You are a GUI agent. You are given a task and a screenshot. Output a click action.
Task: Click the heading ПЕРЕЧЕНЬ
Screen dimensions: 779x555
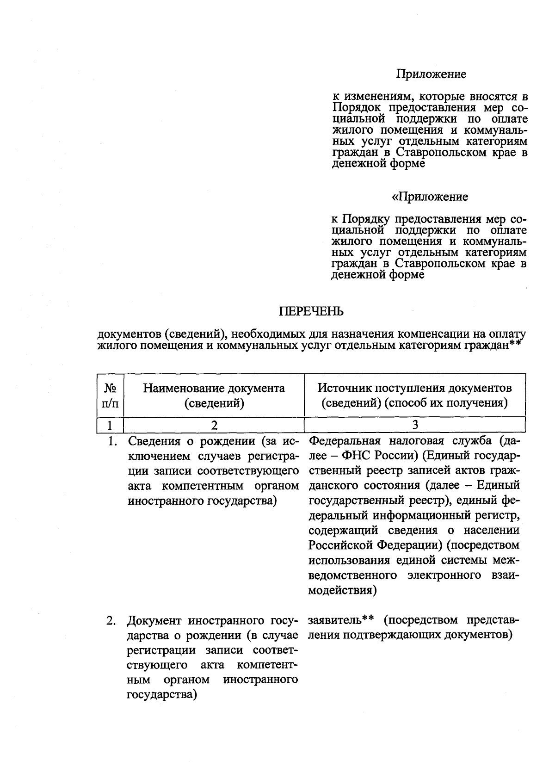tap(311, 311)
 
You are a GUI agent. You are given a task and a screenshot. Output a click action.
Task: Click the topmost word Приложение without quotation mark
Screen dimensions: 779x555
tap(431, 74)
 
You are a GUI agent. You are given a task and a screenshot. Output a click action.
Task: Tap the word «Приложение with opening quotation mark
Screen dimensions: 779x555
tap(430, 197)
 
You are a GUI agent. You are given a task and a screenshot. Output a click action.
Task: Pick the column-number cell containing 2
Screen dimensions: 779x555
tap(214, 425)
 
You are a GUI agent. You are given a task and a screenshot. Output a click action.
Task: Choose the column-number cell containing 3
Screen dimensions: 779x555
tap(415, 425)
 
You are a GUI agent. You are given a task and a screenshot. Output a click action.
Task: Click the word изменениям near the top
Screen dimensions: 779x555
tap(373, 97)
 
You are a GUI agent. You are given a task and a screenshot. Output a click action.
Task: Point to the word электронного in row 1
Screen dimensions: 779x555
tap(444, 575)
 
